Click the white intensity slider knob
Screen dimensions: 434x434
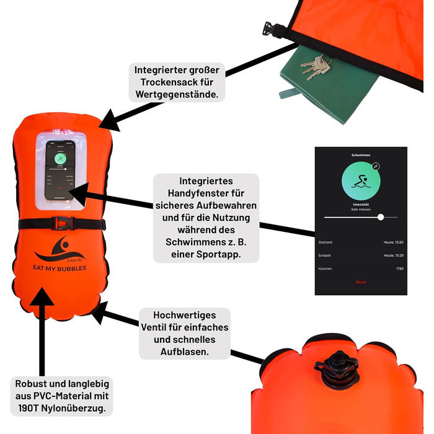coord(381,217)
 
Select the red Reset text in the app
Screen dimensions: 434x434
coord(361,282)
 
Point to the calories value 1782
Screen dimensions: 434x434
coord(400,269)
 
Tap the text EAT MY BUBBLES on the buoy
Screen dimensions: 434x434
coord(60,268)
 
